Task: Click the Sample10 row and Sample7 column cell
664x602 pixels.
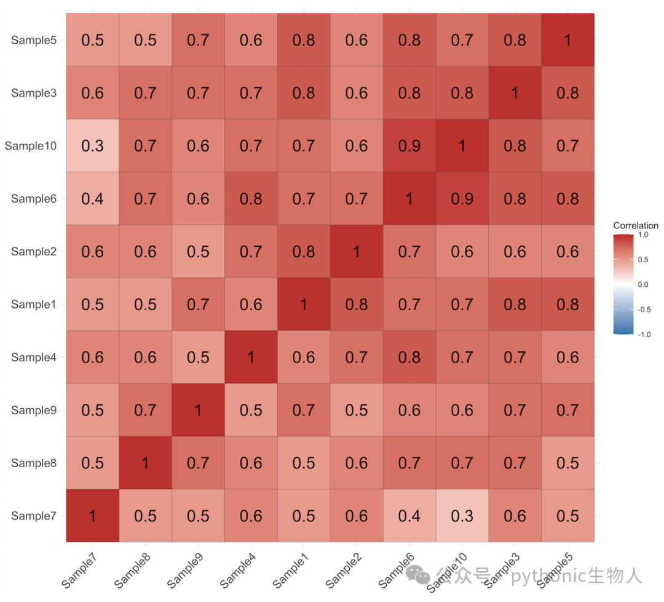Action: [92, 145]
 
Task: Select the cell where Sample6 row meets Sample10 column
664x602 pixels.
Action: [462, 198]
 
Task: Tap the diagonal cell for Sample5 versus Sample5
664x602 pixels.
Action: [567, 40]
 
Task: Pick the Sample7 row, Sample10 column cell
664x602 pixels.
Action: [462, 515]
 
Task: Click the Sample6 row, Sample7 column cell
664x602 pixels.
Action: [92, 198]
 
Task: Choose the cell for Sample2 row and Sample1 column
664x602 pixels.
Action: [304, 251]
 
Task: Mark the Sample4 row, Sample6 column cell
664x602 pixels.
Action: [409, 357]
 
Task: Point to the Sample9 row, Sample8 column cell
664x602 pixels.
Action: [145, 410]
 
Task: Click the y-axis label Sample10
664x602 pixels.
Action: [31, 146]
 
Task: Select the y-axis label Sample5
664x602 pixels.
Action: [34, 40]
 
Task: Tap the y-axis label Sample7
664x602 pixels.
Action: [34, 516]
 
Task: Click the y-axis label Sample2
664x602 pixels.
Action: [34, 252]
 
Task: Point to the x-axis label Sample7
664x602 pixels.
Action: [79, 571]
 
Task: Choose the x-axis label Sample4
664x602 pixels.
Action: [238, 571]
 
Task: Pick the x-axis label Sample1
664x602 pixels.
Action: [290, 571]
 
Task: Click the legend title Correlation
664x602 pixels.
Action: [636, 225]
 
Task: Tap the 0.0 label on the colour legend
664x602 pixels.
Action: [643, 284]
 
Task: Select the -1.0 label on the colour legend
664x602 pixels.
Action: [644, 334]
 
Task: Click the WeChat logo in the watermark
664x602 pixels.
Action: [417, 574]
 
